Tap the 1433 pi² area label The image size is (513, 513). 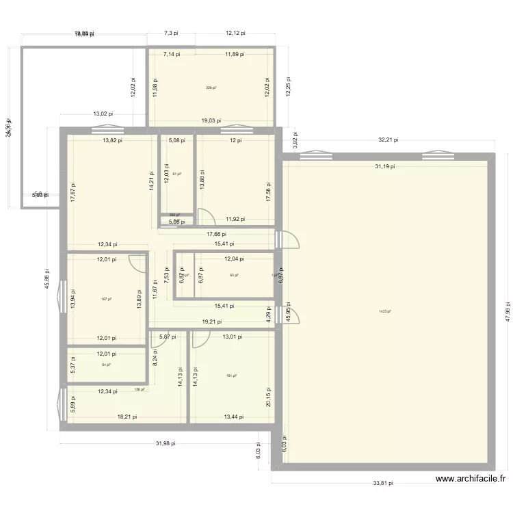(385, 312)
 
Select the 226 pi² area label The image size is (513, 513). (211, 88)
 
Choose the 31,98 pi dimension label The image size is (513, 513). (165, 443)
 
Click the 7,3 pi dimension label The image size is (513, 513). (171, 32)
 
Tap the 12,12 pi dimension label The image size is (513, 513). (235, 32)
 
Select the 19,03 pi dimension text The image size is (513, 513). (211, 120)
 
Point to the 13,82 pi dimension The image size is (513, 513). (112, 140)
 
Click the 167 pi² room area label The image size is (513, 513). (105, 299)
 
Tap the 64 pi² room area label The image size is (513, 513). (105, 365)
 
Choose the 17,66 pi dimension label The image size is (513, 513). (216, 234)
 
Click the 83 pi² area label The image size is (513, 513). (234, 275)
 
